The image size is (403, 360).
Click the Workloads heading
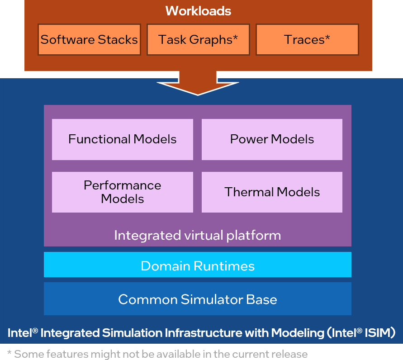tap(198, 11)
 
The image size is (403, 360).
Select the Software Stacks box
tap(89, 40)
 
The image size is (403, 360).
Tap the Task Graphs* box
tap(198, 40)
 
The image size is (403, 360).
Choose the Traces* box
tap(307, 40)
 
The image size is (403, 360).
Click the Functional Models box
tap(123, 139)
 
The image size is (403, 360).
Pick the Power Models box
tap(272, 139)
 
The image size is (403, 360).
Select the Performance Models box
tap(123, 192)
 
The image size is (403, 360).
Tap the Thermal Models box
tap(272, 192)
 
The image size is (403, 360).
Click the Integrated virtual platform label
tap(198, 236)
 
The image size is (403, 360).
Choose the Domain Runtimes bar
tap(198, 265)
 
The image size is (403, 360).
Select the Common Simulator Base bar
tap(198, 299)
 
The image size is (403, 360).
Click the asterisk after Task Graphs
tap(235, 38)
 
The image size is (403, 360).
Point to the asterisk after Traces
tap(327, 38)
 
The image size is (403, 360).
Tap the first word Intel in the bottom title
tap(19, 333)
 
